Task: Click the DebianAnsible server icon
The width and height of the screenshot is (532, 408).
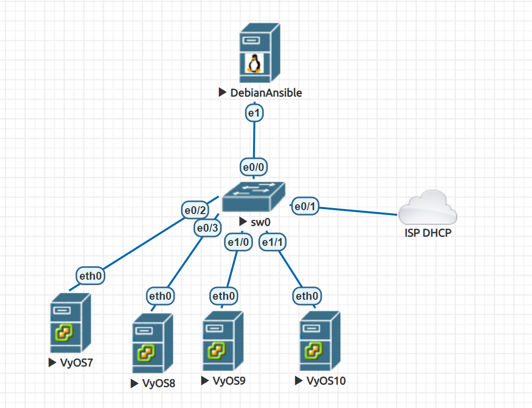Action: click(x=260, y=54)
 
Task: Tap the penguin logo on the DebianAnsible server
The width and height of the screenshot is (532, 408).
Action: click(x=254, y=63)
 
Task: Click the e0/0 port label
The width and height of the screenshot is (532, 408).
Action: click(x=254, y=167)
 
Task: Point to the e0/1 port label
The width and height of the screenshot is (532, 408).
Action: click(x=306, y=207)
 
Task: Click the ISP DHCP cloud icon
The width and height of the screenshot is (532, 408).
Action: click(x=427, y=208)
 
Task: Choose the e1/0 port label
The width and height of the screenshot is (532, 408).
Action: click(x=238, y=241)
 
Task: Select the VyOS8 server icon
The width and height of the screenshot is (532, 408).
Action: click(x=152, y=344)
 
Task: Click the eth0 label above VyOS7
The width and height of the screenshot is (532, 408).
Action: click(x=92, y=276)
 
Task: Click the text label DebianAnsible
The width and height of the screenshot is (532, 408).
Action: click(x=266, y=92)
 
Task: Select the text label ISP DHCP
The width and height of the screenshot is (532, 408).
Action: click(x=428, y=233)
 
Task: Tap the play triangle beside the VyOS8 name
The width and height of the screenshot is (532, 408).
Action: click(x=135, y=384)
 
